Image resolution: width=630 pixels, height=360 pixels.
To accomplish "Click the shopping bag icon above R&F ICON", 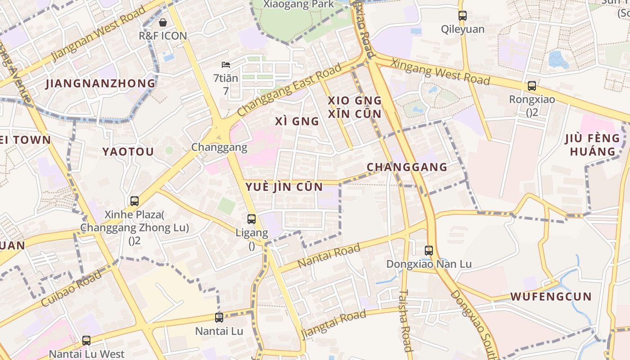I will click(162, 22).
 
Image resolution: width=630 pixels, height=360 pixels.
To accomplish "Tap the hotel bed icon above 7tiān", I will click(226, 65).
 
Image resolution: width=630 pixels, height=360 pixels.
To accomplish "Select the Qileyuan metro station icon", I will click(462, 16).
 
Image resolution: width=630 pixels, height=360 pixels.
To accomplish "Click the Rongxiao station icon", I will click(531, 86).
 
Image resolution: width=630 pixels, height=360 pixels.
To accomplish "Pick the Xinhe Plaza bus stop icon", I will click(134, 201).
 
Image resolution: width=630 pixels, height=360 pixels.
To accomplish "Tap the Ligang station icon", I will click(252, 219).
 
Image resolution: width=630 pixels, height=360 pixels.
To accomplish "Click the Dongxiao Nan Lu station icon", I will click(429, 251).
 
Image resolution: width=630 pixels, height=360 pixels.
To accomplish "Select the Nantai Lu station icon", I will click(219, 318).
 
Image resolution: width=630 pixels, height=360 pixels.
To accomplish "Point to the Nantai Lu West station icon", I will click(86, 341).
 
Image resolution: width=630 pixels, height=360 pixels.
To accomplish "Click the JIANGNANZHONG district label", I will click(100, 84).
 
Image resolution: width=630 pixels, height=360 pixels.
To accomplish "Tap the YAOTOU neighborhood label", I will click(128, 152).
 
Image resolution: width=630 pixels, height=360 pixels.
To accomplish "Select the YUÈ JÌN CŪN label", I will click(283, 187).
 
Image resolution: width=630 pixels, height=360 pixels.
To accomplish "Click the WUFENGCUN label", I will click(551, 297).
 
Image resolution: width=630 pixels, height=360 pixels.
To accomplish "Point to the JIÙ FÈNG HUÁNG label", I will click(592, 144).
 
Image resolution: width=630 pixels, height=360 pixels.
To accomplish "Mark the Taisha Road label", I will click(405, 320).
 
